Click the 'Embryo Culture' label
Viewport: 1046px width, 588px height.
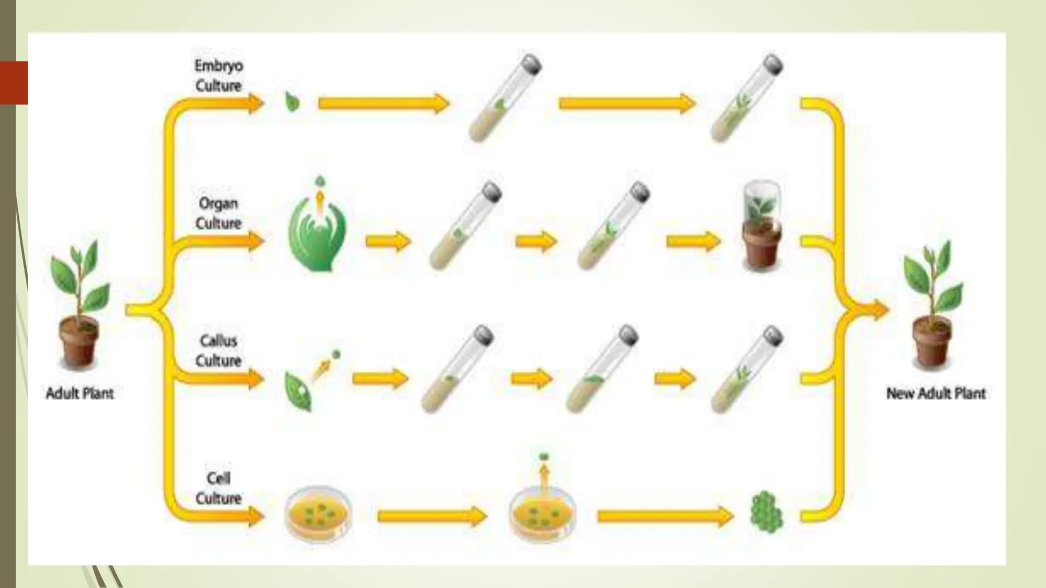tap(218, 76)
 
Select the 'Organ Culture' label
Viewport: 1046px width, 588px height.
tap(218, 213)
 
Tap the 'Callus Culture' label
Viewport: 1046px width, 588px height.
tap(218, 351)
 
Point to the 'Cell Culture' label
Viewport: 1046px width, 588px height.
tap(218, 488)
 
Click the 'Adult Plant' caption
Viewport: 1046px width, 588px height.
tap(80, 393)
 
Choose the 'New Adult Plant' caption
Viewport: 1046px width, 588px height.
tap(936, 393)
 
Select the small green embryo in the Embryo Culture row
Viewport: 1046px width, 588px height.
tap(292, 102)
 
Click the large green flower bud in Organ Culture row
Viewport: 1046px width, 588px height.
tap(317, 230)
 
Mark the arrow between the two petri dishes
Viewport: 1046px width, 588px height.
tap(432, 517)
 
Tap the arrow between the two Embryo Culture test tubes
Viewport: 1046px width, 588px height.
tap(626, 104)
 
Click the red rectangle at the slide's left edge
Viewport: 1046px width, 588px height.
tap(14, 83)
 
